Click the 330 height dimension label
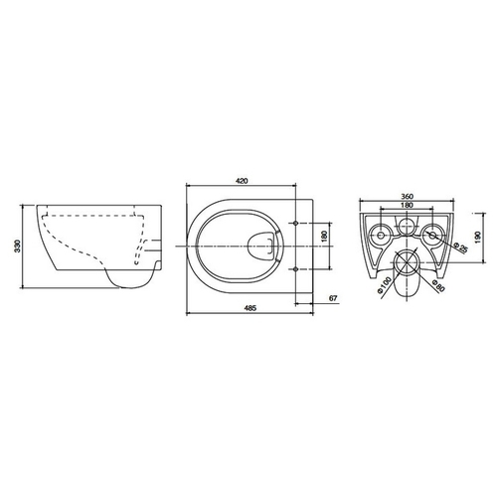click(18, 246)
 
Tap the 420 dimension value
click(242, 181)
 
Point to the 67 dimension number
click(333, 298)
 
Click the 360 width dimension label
click(407, 197)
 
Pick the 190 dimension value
click(477, 237)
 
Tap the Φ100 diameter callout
click(384, 284)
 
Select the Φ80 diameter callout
click(438, 284)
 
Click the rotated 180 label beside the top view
click(324, 236)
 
